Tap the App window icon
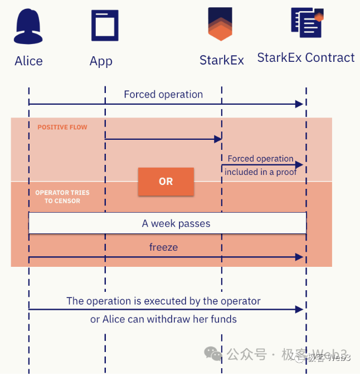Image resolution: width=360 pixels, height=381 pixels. [104, 25]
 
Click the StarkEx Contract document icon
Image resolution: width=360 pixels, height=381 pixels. [307, 22]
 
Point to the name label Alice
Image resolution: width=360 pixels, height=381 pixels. [28, 61]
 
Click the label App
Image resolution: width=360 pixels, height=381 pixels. [101, 61]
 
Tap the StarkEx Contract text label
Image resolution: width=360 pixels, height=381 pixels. [305, 58]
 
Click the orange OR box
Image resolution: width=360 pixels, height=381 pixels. [166, 182]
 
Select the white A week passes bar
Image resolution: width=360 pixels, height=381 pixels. [167, 223]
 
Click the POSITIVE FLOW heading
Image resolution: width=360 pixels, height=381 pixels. [62, 128]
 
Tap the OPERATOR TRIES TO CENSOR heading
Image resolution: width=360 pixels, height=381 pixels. [62, 197]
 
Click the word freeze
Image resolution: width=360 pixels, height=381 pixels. [163, 247]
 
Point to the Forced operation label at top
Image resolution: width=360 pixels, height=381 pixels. [163, 94]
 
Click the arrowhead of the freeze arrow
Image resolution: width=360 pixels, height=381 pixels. [299, 257]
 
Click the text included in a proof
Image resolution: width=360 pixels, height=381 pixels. [260, 172]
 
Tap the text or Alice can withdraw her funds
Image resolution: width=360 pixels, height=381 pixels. [163, 319]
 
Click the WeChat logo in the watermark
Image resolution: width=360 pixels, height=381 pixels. [213, 353]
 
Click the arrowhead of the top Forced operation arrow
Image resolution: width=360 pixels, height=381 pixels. [299, 104]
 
